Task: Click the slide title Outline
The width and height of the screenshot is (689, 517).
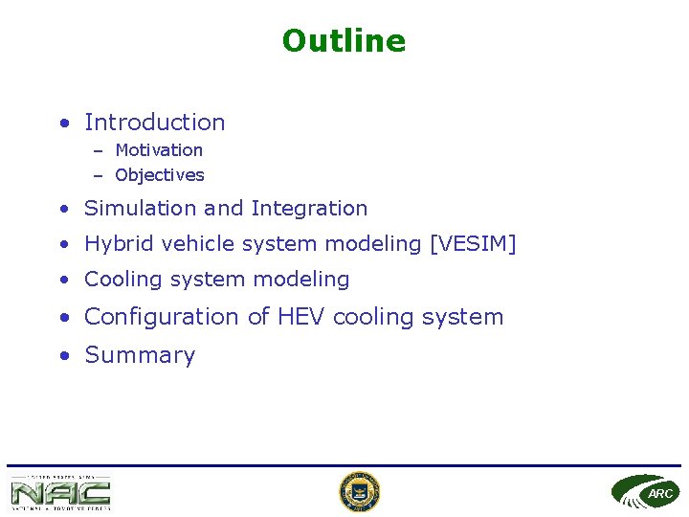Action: point(344,41)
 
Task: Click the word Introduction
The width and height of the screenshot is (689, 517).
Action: point(155,123)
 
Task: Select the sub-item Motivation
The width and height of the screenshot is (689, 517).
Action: point(159,150)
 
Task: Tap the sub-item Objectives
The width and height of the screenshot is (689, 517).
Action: point(160,175)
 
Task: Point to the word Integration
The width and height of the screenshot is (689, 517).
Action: point(309,209)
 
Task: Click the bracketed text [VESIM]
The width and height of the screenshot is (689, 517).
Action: point(473,244)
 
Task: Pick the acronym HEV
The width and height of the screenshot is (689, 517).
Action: point(301,317)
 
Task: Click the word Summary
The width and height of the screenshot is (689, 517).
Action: point(140,355)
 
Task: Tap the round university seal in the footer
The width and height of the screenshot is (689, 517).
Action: point(360,492)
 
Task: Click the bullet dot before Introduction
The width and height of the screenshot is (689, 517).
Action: point(62,124)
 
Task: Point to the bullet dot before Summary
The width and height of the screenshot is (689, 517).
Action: point(62,356)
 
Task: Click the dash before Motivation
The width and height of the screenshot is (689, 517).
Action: point(98,150)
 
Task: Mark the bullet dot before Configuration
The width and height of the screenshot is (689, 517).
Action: point(62,318)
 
